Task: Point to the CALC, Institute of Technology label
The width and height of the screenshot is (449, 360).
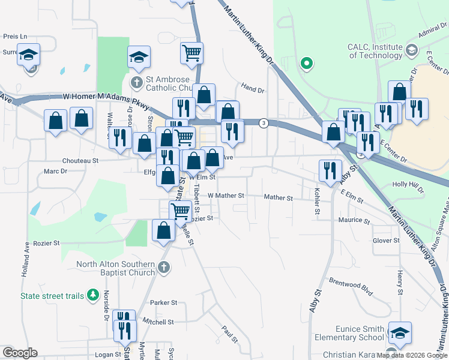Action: pyautogui.click(x=374, y=51)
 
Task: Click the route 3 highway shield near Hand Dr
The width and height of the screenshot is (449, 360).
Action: pyautogui.click(x=264, y=123)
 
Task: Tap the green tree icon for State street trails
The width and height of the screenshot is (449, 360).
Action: pyautogui.click(x=92, y=295)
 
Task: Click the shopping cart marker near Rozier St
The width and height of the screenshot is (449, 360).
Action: pyautogui.click(x=180, y=211)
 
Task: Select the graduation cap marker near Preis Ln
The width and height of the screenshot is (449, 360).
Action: pyautogui.click(x=28, y=55)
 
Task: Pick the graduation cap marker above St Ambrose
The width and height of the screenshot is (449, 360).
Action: pyautogui.click(x=139, y=58)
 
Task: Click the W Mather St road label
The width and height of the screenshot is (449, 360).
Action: pyautogui.click(x=226, y=196)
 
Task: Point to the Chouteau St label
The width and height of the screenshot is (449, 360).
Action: pyautogui.click(x=80, y=161)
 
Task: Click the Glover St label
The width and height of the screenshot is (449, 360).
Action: pyautogui.click(x=386, y=241)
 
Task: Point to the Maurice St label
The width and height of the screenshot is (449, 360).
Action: pyautogui.click(x=354, y=221)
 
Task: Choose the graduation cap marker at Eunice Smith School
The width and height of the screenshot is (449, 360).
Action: pyautogui.click(x=400, y=334)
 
